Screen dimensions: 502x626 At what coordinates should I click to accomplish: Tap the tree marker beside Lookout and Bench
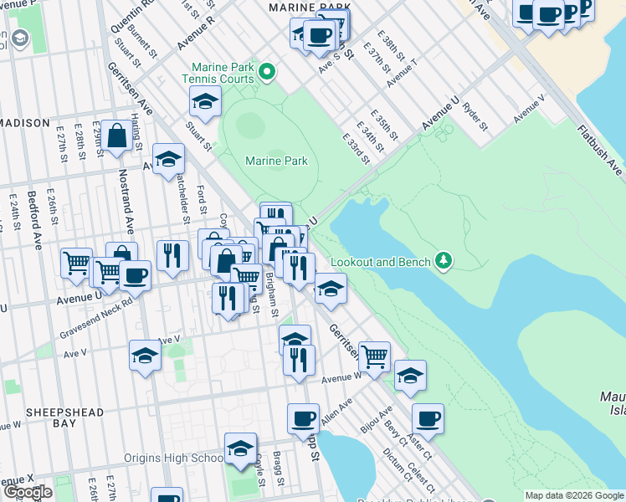point(443,262)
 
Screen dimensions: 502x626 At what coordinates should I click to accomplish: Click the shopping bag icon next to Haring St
point(118,136)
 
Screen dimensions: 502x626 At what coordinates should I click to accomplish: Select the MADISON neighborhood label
point(25,123)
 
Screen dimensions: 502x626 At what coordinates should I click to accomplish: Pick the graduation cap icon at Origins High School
point(240,448)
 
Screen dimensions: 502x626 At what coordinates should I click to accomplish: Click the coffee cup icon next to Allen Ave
point(303,418)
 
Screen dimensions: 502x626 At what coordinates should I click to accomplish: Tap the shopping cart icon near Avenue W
point(374,356)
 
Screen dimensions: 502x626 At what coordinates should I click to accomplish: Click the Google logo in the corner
point(27,492)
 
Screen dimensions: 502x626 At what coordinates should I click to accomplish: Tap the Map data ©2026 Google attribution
point(573,495)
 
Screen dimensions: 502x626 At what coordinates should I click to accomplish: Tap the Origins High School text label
point(173,458)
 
